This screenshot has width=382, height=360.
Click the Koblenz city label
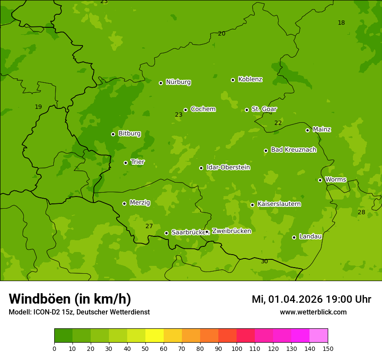[250, 79]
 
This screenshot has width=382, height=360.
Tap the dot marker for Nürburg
[161, 83]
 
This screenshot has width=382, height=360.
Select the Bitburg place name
[129, 134]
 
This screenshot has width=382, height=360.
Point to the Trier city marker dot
[125, 163]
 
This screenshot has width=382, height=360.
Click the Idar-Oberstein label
[228, 167]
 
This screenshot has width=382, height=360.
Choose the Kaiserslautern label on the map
[279, 204]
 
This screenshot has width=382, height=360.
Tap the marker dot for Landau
[294, 237]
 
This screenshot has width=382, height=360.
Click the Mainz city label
[322, 129]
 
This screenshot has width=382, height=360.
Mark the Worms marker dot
[320, 180]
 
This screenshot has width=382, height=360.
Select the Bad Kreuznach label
[293, 150]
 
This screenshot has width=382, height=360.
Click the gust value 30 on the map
[264, 262]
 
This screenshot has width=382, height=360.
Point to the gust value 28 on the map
[361, 212]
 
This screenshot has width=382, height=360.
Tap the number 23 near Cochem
[178, 115]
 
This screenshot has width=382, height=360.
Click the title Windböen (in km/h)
[70, 299]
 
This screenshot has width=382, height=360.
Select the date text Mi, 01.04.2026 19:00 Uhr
[311, 299]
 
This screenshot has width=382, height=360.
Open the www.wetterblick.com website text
[313, 312]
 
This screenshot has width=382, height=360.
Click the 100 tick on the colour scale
[237, 348]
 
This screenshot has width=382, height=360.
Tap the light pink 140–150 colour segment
[319, 336]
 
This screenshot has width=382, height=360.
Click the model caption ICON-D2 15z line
[79, 312]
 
